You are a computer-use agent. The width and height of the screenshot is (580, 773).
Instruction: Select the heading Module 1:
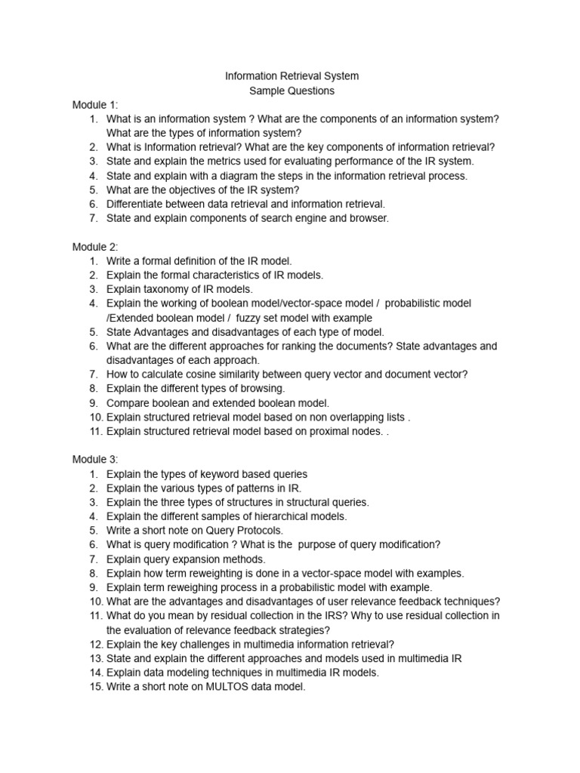click(95, 105)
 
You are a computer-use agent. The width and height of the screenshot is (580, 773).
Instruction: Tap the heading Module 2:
click(95, 247)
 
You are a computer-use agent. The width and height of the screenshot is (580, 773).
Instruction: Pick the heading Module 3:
click(95, 460)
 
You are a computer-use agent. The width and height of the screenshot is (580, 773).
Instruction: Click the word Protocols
click(261, 531)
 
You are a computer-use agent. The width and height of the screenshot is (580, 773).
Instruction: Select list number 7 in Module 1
click(94, 218)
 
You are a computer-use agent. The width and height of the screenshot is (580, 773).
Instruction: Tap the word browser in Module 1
click(370, 218)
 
